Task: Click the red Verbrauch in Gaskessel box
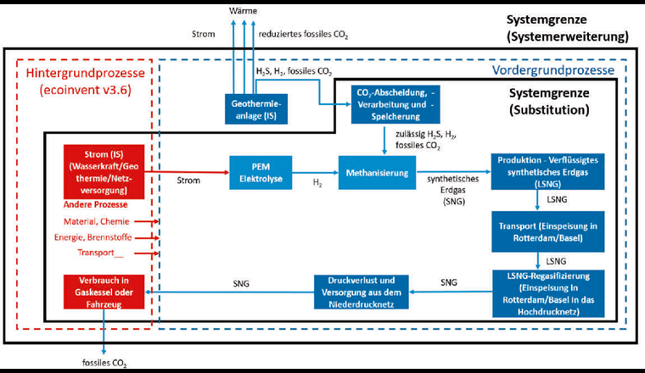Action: (x=101, y=291)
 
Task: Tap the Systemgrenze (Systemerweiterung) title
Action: (x=568, y=27)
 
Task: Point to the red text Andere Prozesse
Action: (x=96, y=204)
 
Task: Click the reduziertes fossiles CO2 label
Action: (x=303, y=36)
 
